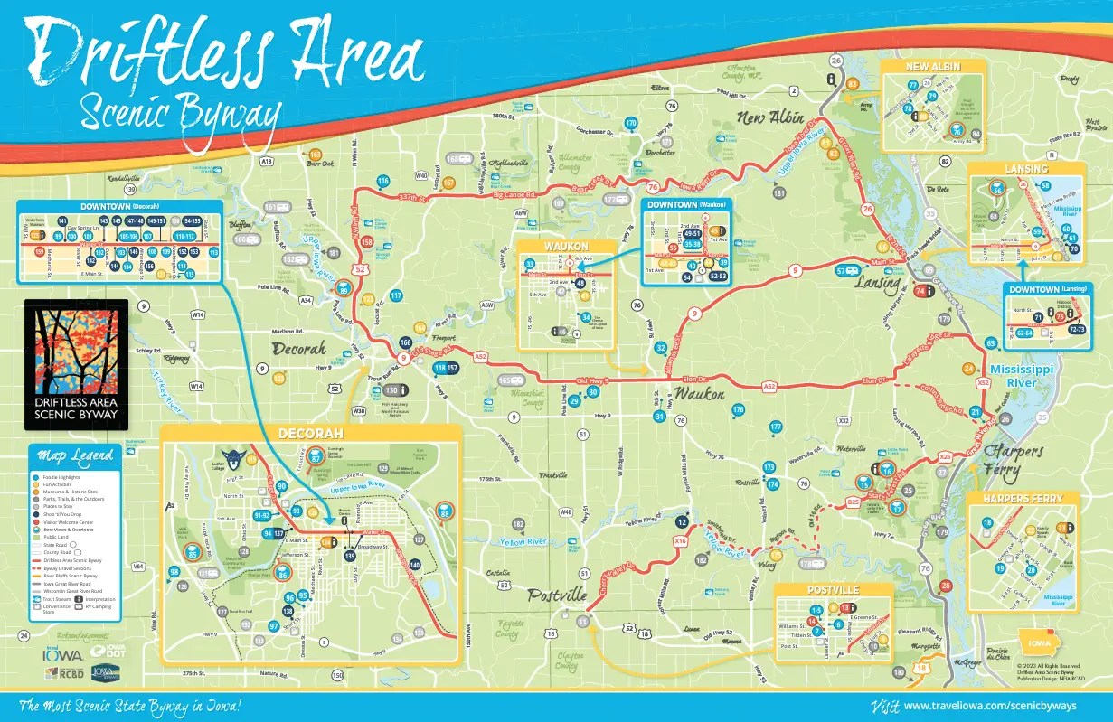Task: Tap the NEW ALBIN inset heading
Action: (933, 67)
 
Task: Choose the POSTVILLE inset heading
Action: (833, 590)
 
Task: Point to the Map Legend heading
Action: (76, 455)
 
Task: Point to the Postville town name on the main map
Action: (557, 595)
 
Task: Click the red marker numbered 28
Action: (946, 586)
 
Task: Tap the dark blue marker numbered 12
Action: (683, 522)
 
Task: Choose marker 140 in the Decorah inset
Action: (414, 564)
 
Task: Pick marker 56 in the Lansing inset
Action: (996, 189)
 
